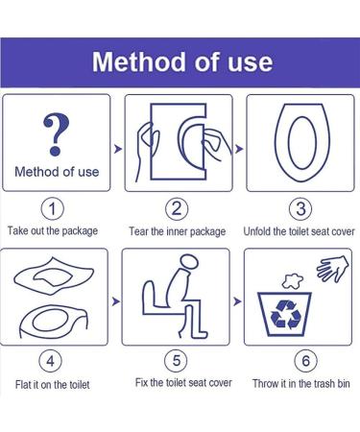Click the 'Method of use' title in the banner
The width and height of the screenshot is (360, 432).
pos(181,63)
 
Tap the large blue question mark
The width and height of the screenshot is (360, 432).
pos(57,132)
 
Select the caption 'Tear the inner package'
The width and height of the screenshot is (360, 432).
pos(178,231)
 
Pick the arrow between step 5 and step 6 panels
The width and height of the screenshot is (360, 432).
pos(237,301)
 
